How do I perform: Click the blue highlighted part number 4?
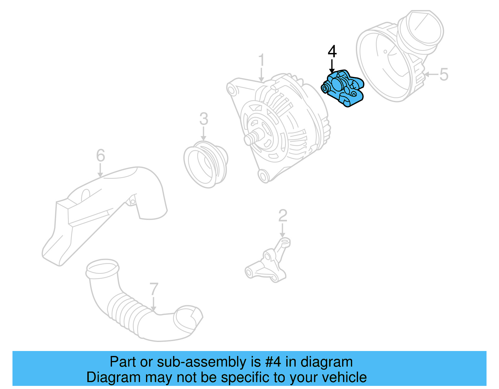tap(343, 88)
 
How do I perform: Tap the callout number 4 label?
tap(332, 52)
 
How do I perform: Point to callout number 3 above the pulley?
tap(204, 119)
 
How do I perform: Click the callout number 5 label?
tap(443, 74)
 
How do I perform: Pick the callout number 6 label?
tap(100, 155)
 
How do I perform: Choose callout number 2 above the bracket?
tap(283, 216)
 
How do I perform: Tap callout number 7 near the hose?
tap(154, 289)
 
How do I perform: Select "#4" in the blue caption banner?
tap(273, 362)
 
